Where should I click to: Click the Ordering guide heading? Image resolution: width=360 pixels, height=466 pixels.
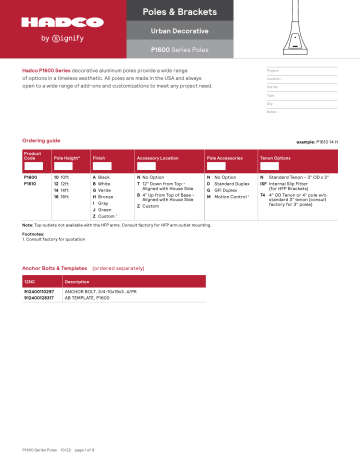coord(43,138)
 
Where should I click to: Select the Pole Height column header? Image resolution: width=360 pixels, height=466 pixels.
coord(68,158)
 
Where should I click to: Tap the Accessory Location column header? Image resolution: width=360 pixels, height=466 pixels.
coord(163,158)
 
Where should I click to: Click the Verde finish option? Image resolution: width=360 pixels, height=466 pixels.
coord(105,192)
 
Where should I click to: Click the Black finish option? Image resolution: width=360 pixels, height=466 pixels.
coord(104,177)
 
